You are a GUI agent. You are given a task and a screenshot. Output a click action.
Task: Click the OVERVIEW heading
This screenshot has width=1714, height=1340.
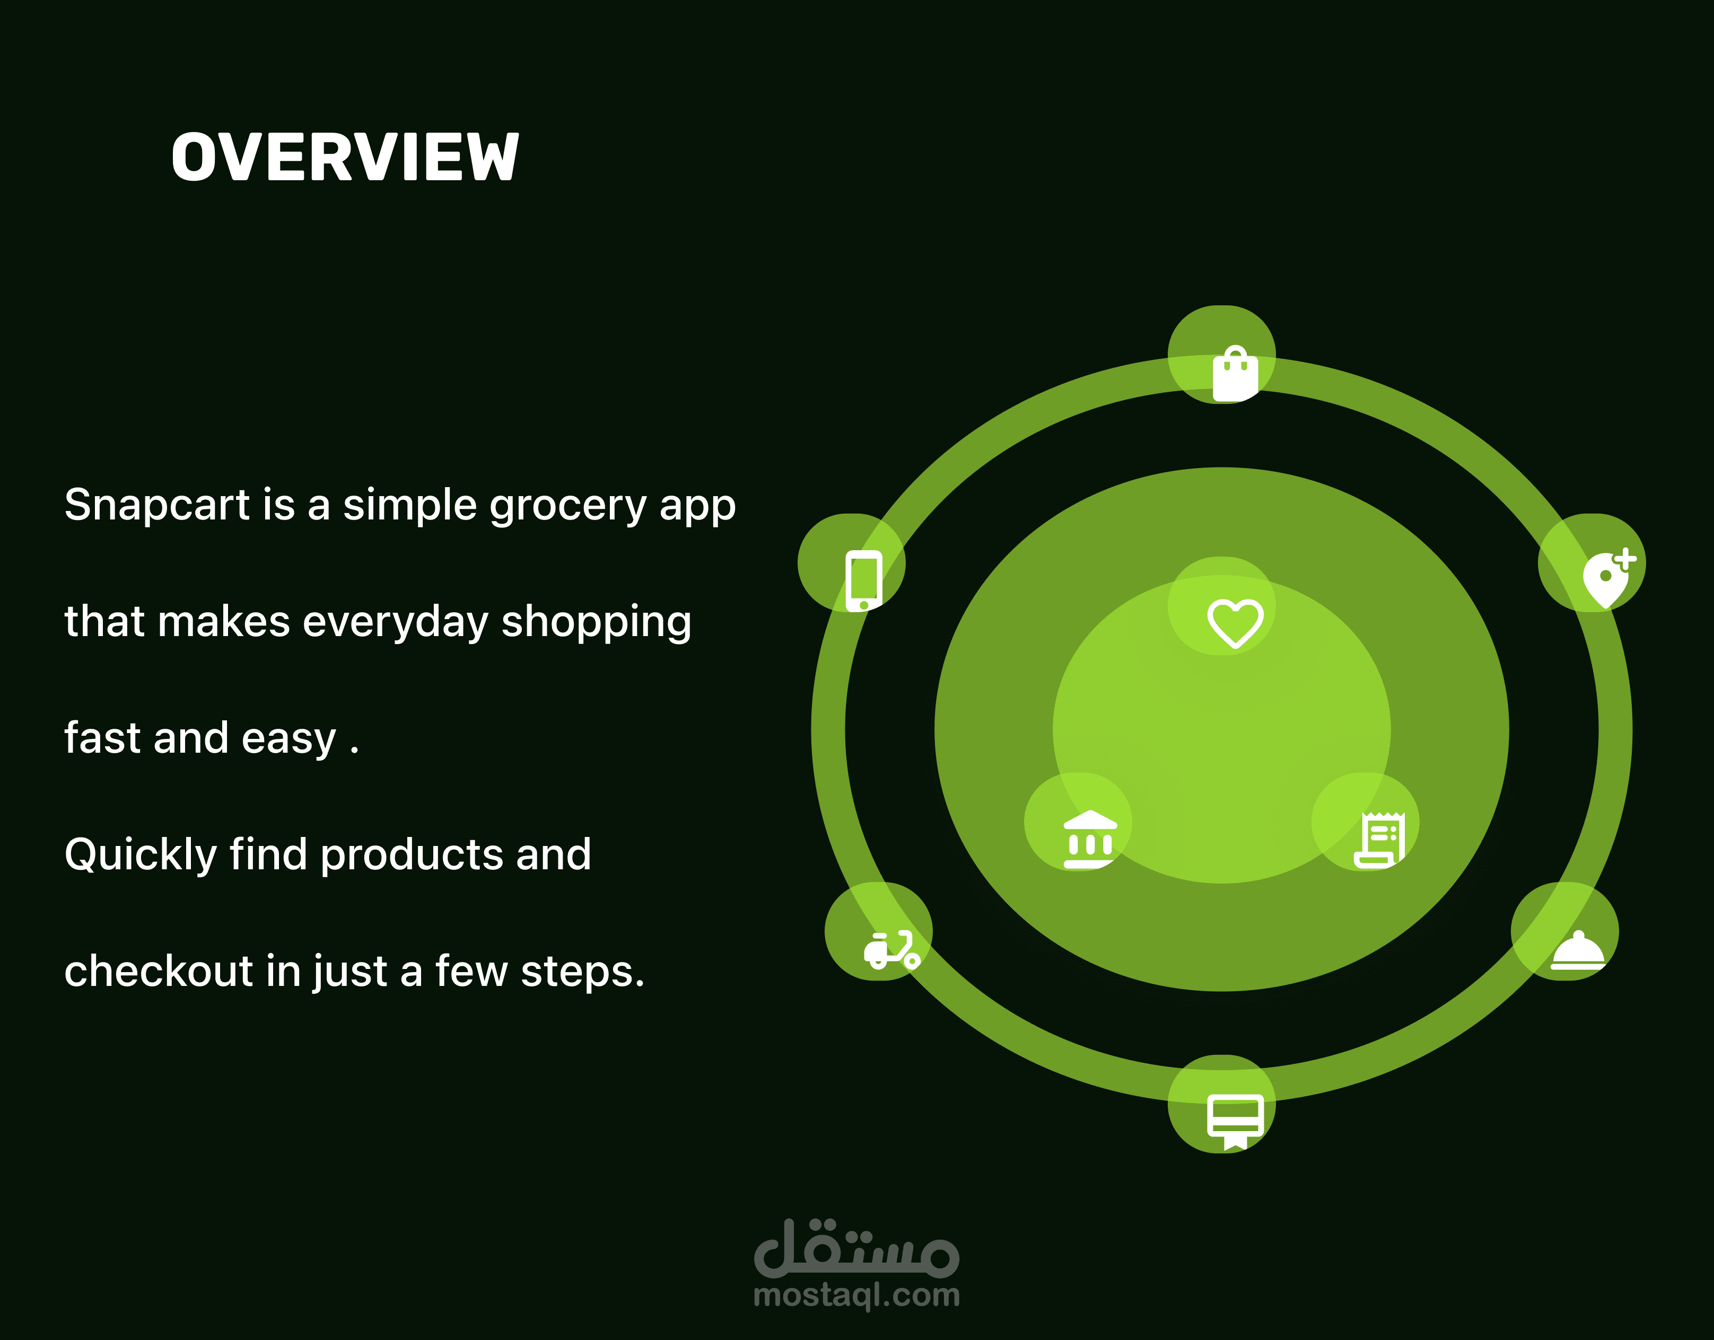pos(345,157)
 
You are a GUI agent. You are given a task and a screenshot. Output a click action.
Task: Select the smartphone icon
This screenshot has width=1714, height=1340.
pos(863,580)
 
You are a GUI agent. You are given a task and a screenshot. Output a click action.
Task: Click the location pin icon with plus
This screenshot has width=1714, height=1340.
pos(1608,578)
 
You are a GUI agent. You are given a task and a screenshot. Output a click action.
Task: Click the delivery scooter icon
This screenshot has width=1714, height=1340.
pos(891,950)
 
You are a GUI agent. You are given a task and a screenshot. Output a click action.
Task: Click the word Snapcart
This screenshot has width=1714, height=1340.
pos(157,505)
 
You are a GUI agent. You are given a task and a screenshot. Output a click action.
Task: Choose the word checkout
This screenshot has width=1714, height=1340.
pos(159,971)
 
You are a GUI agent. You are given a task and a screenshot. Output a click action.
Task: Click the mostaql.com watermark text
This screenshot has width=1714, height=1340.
pos(856,1295)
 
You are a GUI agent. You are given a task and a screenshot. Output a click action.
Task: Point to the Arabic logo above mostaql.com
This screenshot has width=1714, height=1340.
pos(856,1247)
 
